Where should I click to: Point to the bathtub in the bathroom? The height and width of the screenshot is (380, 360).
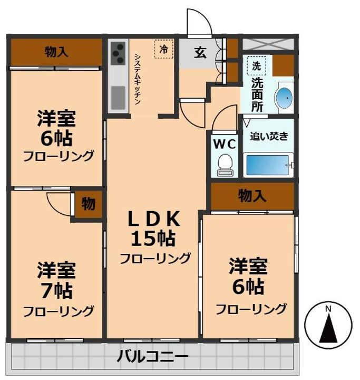pyautogui.click(x=268, y=165)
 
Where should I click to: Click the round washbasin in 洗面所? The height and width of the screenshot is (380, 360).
pyautogui.click(x=285, y=97)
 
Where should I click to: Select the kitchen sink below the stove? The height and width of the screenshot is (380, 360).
pyautogui.click(x=118, y=97)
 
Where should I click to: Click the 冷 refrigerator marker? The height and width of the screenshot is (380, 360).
pyautogui.click(x=164, y=50)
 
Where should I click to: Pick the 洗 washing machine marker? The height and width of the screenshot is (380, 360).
pyautogui.click(x=256, y=66)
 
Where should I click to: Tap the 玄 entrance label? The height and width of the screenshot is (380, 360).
pyautogui.click(x=199, y=53)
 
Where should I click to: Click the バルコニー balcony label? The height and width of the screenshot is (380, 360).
pyautogui.click(x=152, y=357)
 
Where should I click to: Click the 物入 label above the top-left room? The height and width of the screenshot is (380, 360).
pyautogui.click(x=56, y=52)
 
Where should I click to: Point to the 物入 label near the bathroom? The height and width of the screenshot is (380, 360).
pyautogui.click(x=252, y=196)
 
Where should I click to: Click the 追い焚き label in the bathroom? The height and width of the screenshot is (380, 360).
pyautogui.click(x=269, y=136)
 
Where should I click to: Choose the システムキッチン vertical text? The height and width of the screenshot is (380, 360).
pyautogui.click(x=137, y=79)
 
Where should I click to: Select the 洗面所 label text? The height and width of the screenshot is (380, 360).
pyautogui.click(x=257, y=94)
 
